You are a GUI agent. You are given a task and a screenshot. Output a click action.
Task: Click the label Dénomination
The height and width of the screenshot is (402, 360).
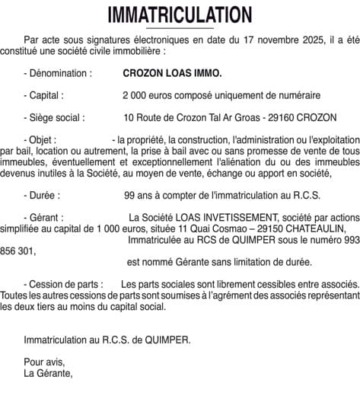pos(60,74)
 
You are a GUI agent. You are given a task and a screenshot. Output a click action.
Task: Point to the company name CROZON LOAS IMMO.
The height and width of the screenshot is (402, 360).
pos(173,74)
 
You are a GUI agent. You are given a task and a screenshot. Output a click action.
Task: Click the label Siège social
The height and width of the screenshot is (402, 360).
pos(57,118)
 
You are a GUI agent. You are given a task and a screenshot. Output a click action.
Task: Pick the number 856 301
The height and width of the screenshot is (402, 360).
pos(17,250)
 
